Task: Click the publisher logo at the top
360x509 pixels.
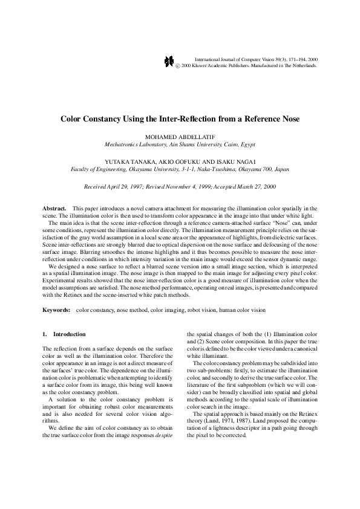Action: (x=169, y=62)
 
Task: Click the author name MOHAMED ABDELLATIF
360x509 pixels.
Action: (x=180, y=137)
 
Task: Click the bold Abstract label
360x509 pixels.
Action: (x=54, y=208)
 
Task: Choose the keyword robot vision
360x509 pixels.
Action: (x=206, y=310)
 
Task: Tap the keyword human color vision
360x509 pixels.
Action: (x=244, y=310)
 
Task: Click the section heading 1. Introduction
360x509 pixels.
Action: (x=64, y=334)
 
